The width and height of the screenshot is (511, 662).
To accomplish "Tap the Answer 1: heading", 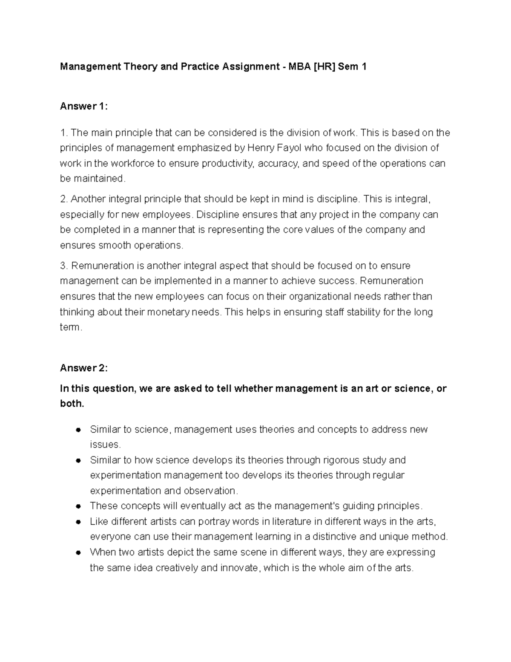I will click(83, 107).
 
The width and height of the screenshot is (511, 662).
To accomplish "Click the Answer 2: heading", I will click(83, 368).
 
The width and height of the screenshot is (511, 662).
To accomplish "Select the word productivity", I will click(228, 163).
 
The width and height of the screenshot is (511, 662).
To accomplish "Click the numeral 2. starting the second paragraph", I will click(64, 199).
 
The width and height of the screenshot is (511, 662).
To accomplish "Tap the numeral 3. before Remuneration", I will click(64, 266).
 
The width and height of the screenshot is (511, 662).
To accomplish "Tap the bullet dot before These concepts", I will click(78, 506).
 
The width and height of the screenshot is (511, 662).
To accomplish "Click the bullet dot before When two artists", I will click(78, 552).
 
